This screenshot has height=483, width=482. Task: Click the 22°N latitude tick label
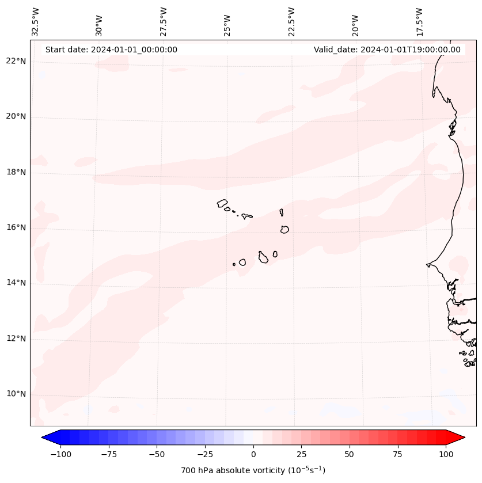pos(16,61)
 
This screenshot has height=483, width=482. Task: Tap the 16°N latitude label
pos(16,227)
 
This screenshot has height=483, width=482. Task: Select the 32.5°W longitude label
pos(36,21)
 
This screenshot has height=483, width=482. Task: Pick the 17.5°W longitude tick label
pos(419,21)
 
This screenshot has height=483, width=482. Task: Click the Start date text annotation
pos(111,50)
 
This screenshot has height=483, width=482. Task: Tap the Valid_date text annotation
pos(387,50)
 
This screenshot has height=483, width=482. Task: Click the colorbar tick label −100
pos(60,454)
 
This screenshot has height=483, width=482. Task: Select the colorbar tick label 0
pos(253,454)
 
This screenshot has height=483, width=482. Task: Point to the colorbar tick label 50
pos(350,454)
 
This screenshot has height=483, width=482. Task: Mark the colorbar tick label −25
pos(205,454)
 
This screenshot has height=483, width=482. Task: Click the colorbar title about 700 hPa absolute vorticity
pos(253,470)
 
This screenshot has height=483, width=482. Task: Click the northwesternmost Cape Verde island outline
pos(222,203)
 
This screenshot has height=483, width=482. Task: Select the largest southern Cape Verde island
pos(263,257)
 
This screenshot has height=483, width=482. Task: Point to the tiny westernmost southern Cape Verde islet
pos(234,264)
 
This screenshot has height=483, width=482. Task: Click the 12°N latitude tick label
pos(16,339)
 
